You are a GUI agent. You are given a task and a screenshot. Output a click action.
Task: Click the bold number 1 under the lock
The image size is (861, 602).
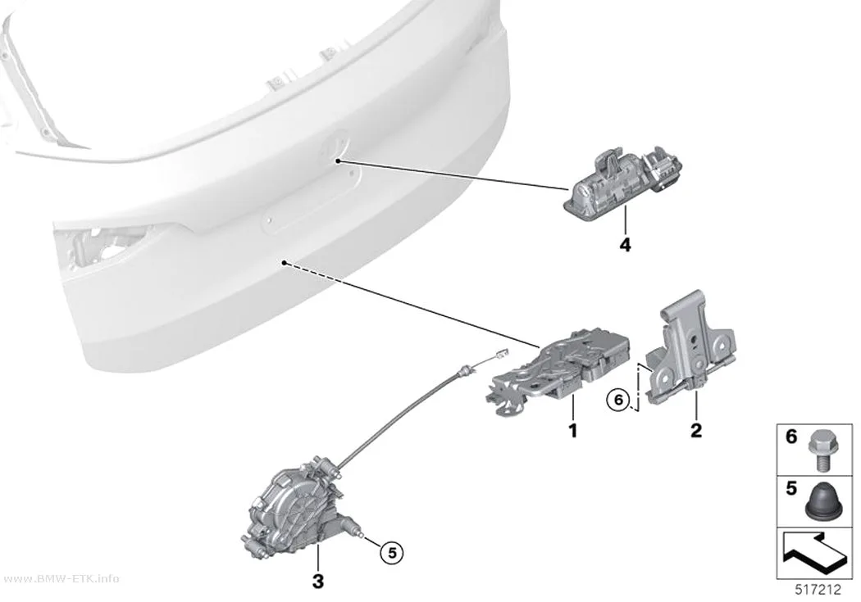572,430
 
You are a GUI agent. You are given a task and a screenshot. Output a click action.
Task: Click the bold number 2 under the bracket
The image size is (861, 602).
695,430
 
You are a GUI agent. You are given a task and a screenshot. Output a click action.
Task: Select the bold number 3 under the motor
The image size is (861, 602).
318,582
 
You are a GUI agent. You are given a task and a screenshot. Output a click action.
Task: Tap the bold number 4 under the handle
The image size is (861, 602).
625,245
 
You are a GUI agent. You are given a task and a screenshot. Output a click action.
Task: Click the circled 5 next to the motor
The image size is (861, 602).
392,553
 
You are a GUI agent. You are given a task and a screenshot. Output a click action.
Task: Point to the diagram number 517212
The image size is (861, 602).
818,590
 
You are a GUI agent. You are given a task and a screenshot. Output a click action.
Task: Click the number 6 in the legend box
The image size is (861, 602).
790,437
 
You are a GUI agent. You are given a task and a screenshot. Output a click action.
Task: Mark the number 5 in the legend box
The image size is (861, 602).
790,488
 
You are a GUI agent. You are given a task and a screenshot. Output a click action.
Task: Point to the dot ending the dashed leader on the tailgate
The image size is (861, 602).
284,263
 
